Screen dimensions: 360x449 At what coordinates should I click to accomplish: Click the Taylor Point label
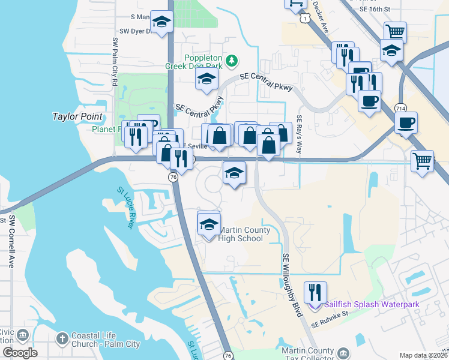click(x=77, y=116)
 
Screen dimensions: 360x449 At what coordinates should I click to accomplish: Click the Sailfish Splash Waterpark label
click(x=379, y=304)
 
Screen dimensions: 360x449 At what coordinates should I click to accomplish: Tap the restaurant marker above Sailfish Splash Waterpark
click(x=315, y=292)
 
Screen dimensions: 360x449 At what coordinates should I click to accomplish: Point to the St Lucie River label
click(x=125, y=208)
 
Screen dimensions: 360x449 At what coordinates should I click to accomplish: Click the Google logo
click(x=20, y=353)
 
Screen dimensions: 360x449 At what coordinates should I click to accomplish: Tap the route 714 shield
click(x=400, y=107)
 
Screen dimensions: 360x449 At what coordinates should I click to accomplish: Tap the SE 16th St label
click(x=376, y=9)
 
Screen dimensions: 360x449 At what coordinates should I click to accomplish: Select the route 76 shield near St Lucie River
click(x=173, y=178)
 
